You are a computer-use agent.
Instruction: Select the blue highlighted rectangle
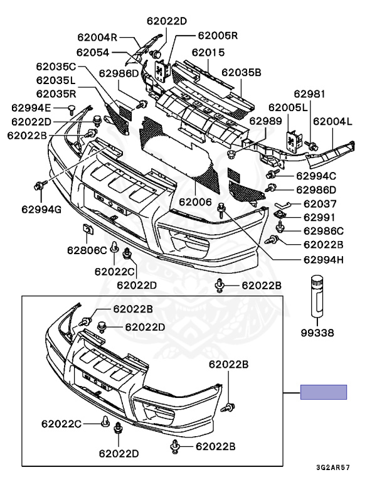coord(323,392)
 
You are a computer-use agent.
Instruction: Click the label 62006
coord(196,202)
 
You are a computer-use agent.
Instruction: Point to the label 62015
coord(208,53)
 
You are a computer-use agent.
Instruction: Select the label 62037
coord(320,204)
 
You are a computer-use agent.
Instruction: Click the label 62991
coord(320,217)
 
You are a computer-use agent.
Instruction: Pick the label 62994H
coord(324,259)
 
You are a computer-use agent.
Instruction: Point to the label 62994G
coord(41,208)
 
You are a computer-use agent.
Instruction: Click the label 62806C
coord(87,250)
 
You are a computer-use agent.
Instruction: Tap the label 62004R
coord(98,37)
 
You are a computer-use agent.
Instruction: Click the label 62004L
coord(332,122)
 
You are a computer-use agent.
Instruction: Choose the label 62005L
coord(288,108)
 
